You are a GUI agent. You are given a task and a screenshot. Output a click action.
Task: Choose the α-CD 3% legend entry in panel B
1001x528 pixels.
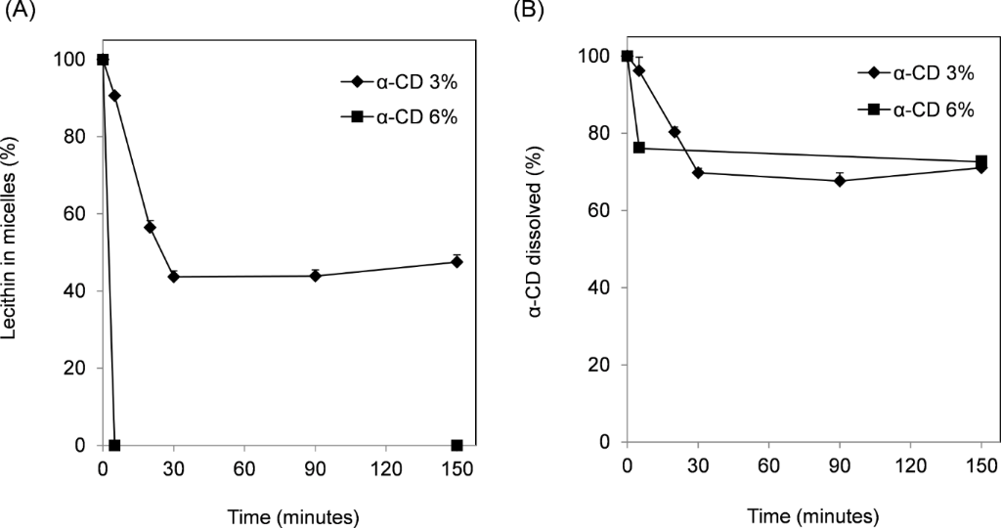tap(915, 73)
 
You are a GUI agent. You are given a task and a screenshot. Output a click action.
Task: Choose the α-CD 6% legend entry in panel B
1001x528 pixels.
tap(915, 110)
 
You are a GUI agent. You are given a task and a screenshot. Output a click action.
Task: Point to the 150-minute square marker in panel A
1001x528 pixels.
tap(457, 446)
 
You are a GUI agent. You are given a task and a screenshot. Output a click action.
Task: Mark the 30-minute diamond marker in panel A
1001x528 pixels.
tap(174, 277)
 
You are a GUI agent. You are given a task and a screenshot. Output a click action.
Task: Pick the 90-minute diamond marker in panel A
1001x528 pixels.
tap(315, 276)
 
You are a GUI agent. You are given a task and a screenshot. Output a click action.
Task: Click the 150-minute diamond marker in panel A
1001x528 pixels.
tap(457, 261)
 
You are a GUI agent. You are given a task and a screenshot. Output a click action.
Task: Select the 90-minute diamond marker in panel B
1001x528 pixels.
tap(840, 180)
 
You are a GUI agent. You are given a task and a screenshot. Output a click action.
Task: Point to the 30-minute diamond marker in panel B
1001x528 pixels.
tap(698, 172)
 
